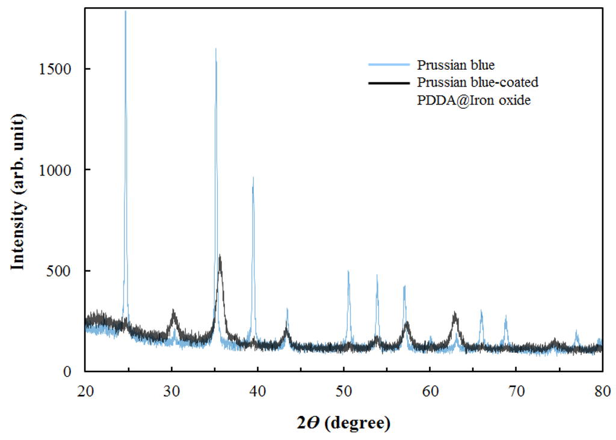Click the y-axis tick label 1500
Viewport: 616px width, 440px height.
click(x=61, y=69)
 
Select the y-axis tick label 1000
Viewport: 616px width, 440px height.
click(x=61, y=170)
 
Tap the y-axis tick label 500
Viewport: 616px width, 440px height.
click(x=64, y=271)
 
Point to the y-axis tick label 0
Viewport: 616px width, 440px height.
click(x=72, y=371)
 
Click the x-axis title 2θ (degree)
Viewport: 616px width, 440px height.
click(x=343, y=423)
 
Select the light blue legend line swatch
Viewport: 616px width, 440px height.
click(x=387, y=64)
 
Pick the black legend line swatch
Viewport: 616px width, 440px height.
click(x=387, y=82)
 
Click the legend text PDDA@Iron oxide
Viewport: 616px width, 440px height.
click(x=461, y=101)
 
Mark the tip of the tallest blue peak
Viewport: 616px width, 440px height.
click(x=125, y=11)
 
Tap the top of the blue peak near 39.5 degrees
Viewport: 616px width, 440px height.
click(x=253, y=177)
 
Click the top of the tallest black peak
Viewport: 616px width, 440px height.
click(x=220, y=255)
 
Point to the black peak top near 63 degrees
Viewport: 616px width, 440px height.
click(x=455, y=313)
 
